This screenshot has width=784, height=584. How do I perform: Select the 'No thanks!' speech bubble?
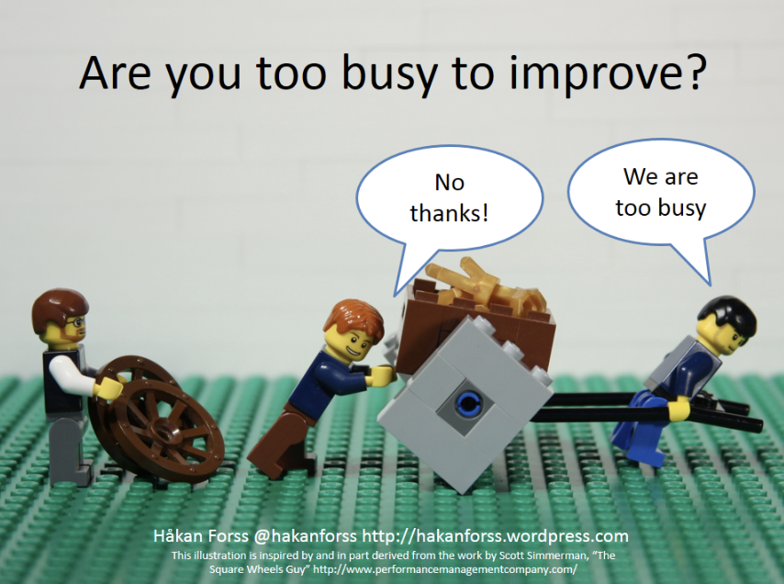[449, 197]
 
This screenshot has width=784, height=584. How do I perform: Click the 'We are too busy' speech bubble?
[661, 192]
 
